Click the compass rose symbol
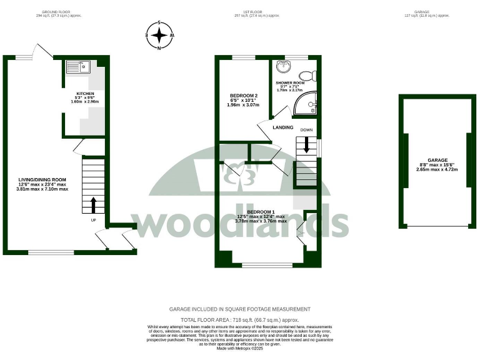coord(160,36)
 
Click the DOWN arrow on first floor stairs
coord(306,146)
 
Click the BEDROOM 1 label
coord(260,212)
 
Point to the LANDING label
coord(282,127)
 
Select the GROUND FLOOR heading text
coord(59,12)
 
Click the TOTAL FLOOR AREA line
coord(239,319)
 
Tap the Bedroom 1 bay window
coord(266,265)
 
